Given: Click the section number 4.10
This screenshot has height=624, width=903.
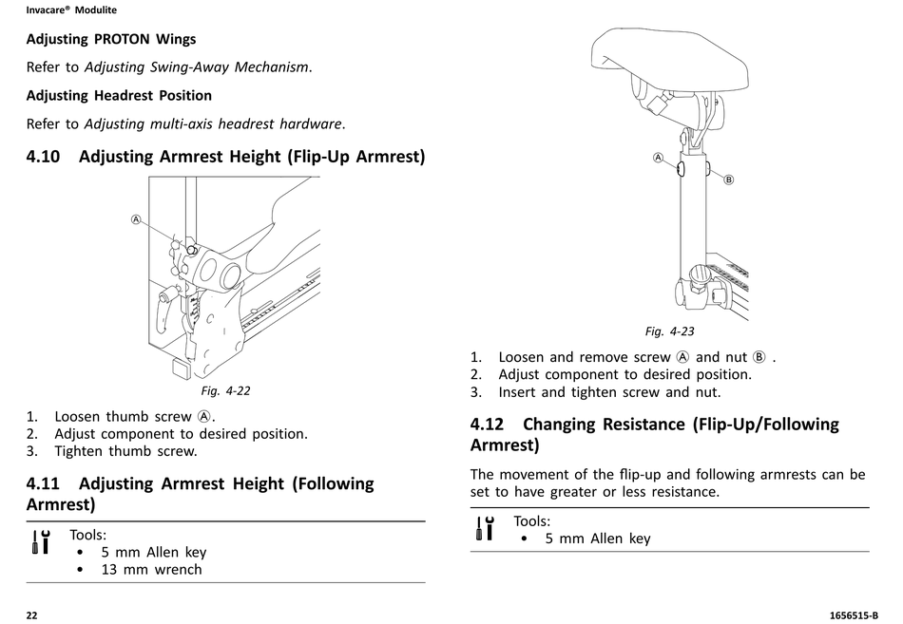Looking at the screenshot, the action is (x=43, y=157).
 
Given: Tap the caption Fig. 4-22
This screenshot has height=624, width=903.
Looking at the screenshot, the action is (x=226, y=391).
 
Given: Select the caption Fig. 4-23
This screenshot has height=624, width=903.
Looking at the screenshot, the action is (x=670, y=331).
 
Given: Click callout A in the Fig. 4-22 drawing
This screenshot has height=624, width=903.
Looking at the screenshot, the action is (x=136, y=219).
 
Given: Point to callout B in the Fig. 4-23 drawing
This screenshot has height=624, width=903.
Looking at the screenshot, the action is (x=728, y=180).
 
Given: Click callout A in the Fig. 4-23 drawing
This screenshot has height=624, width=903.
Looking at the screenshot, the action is (x=659, y=157).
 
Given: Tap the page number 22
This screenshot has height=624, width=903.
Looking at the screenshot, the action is (x=31, y=615).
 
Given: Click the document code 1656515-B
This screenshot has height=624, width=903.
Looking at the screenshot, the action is (x=855, y=615).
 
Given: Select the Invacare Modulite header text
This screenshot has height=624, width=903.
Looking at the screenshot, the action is (x=71, y=9).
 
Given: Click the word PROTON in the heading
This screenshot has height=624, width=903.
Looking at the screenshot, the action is (x=123, y=39).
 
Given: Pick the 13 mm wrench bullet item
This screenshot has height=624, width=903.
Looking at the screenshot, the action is (x=151, y=570).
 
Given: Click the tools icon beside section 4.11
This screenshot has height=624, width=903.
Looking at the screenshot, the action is (x=41, y=541).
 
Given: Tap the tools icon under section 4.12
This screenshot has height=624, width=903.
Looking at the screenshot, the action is (x=485, y=528).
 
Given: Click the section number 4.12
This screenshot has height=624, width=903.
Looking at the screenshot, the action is (x=487, y=425).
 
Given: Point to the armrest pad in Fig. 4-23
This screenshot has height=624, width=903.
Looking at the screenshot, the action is (x=670, y=59).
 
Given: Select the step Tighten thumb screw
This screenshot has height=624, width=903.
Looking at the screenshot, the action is (x=125, y=451).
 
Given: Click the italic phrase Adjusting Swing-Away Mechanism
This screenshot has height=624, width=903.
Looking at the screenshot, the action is (x=197, y=67).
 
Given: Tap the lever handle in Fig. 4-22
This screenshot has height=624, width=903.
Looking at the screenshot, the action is (x=163, y=312).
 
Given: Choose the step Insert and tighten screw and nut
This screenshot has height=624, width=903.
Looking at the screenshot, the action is (x=609, y=392).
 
